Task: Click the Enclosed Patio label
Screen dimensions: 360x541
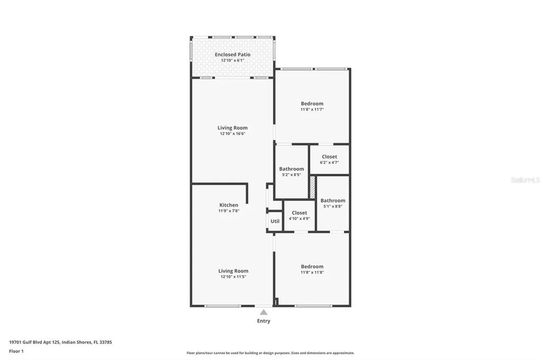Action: click(232, 54)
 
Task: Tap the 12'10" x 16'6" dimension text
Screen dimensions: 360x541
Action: click(232, 134)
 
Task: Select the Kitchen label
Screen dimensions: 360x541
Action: click(229, 205)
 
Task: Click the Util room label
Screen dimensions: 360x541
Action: click(275, 221)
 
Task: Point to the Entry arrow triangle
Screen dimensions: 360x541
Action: click(263, 312)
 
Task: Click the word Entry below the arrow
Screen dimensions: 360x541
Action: click(263, 321)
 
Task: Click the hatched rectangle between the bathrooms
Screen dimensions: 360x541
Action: click(312, 187)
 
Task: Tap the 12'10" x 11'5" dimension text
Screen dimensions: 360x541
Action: click(232, 277)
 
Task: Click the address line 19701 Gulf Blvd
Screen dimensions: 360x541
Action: click(60, 342)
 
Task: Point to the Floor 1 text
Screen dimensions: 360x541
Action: click(16, 350)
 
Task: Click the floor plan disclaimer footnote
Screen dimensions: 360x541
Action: click(270, 353)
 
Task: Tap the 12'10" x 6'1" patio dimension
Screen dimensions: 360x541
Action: click(232, 60)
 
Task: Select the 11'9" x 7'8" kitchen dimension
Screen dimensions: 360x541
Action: click(229, 211)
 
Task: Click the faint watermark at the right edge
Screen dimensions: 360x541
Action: click(525, 180)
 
